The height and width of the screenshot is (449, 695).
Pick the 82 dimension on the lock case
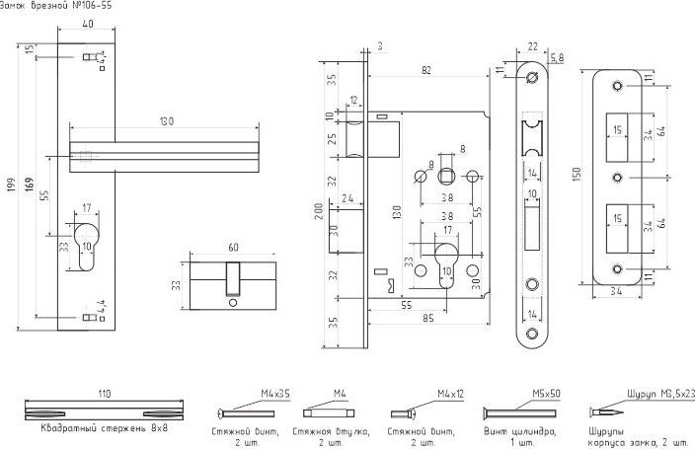426,71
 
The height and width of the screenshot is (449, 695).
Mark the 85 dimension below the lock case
428,318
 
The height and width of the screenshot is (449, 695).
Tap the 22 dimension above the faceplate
533,46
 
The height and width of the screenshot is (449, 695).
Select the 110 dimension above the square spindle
104,393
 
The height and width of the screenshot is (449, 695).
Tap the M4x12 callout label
451,393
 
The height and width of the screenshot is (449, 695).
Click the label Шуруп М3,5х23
660,393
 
